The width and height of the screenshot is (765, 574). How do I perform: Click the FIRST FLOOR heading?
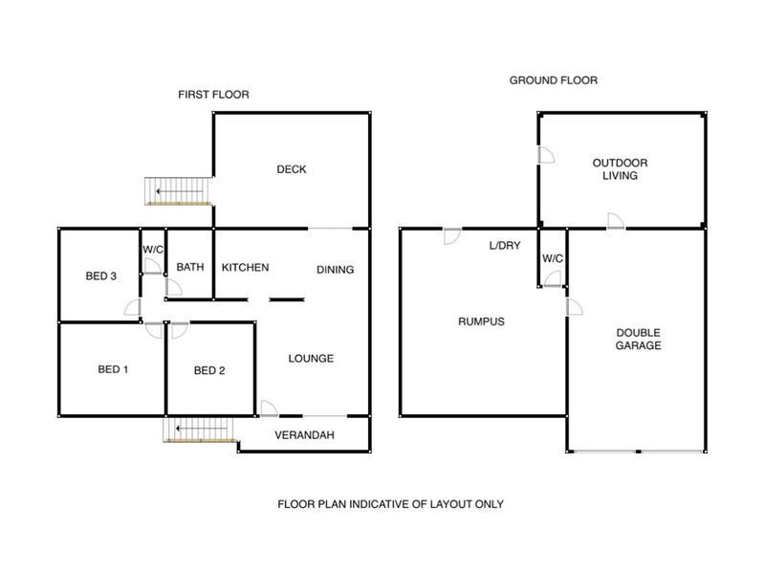tap(207, 94)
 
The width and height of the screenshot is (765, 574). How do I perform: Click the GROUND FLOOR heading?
tap(553, 80)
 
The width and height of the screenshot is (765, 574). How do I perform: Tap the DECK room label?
tap(292, 169)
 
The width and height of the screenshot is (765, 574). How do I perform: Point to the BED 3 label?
tap(100, 276)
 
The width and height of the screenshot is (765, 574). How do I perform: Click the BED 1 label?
tap(113, 369)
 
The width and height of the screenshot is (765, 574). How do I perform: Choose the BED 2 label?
tap(209, 371)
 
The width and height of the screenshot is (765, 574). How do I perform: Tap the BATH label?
tap(189, 268)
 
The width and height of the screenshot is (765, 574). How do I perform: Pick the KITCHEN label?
tap(245, 268)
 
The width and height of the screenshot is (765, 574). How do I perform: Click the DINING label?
tap(335, 270)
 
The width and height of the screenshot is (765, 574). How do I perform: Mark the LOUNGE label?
tap(311, 359)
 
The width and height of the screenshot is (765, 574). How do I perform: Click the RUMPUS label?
tap(481, 321)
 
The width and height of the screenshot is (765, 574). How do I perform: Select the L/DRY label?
tap(504, 246)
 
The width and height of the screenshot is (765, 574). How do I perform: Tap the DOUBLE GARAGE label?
tap(638, 339)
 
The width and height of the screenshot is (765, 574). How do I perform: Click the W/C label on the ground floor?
tap(552, 258)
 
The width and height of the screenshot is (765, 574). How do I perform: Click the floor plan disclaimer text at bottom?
tap(390, 503)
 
